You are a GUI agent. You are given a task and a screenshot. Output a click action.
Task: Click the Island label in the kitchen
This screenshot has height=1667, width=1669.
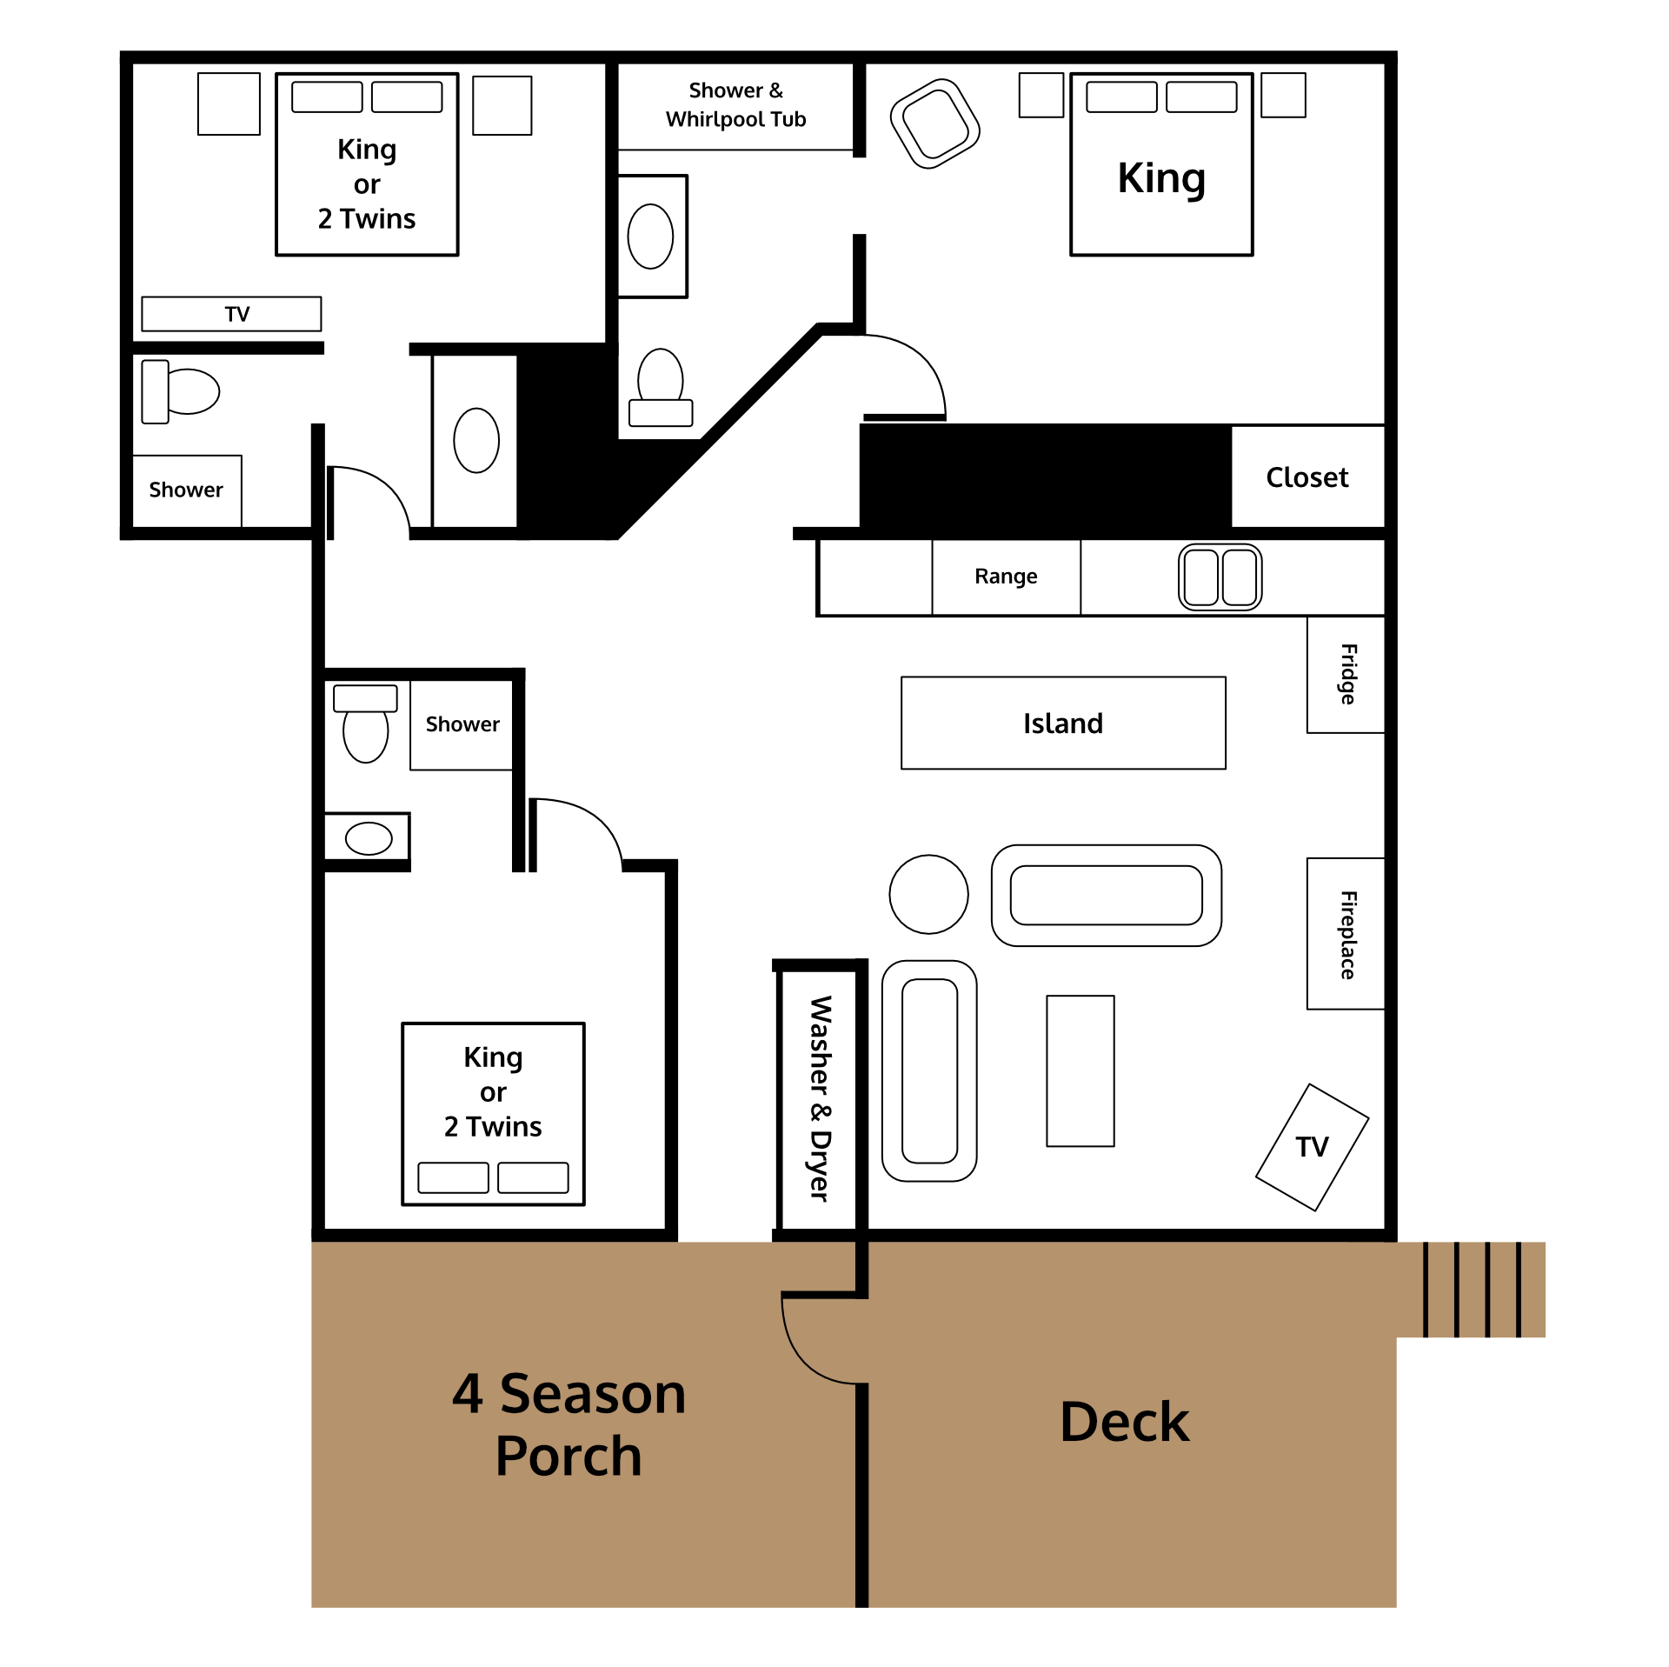pyautogui.click(x=1062, y=723)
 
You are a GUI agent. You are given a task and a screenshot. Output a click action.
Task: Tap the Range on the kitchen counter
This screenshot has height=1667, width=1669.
pyautogui.click(x=1006, y=577)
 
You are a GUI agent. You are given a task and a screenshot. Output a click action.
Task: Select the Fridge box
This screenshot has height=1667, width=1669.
pyautogui.click(x=1346, y=675)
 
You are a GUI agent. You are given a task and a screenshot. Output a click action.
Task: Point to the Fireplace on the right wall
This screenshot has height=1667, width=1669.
pyautogui.click(x=1346, y=934)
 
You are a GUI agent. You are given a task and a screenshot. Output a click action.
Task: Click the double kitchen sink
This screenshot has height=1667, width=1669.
pyautogui.click(x=1220, y=577)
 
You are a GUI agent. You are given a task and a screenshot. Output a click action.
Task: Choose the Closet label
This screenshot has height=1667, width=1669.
pyautogui.click(x=1307, y=477)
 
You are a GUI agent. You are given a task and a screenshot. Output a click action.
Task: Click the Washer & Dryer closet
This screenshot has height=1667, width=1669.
pyautogui.click(x=820, y=1097)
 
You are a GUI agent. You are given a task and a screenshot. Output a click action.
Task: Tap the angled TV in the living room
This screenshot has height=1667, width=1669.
pyautogui.click(x=1312, y=1147)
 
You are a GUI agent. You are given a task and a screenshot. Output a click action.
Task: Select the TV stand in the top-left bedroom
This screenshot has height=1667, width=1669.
pyautogui.click(x=231, y=314)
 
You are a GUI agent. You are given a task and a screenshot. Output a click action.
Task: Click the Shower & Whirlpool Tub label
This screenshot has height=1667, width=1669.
pyautogui.click(x=735, y=104)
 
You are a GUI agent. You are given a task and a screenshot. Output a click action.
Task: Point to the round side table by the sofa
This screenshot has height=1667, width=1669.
pyautogui.click(x=928, y=894)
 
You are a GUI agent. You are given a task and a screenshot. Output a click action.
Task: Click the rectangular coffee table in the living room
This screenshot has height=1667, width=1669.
pyautogui.click(x=1080, y=1071)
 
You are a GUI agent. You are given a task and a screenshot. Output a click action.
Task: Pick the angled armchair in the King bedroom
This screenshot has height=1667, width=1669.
pyautogui.click(x=934, y=123)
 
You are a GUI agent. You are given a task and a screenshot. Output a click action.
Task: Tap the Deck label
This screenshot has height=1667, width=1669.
pyautogui.click(x=1124, y=1423)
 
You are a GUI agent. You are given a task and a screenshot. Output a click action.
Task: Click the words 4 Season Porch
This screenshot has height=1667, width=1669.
pyautogui.click(x=569, y=1424)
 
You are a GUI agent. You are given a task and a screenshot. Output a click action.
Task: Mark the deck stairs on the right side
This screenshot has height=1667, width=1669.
pyautogui.click(x=1471, y=1290)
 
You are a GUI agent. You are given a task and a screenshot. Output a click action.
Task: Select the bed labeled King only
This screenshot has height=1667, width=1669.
pyautogui.click(x=1161, y=164)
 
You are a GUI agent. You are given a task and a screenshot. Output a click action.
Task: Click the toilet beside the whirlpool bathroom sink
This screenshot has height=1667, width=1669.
pyautogui.click(x=661, y=388)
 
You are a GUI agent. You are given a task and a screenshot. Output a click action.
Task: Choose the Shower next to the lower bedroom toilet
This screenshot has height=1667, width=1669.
pyautogui.click(x=462, y=725)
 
